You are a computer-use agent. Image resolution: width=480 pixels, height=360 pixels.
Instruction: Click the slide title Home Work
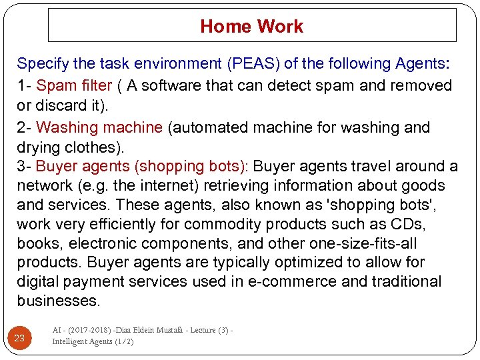(251, 27)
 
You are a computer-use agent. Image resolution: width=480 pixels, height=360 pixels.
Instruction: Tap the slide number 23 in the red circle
(19, 338)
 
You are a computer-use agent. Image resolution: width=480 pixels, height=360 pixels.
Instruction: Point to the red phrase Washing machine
(99, 127)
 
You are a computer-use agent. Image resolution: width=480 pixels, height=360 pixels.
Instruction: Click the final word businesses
(59, 301)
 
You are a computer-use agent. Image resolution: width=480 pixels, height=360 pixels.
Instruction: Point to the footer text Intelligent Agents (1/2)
(93, 341)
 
